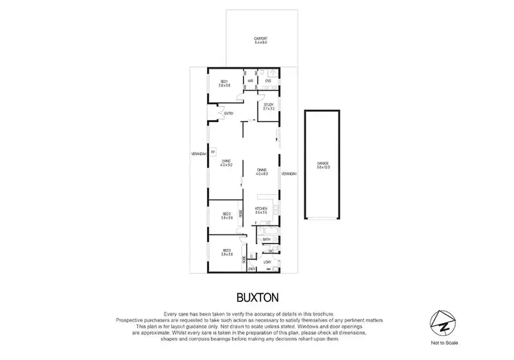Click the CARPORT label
(x=260, y=38)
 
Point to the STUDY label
(x=268, y=105)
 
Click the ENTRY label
(x=228, y=113)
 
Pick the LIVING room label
(x=227, y=161)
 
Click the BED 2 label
(x=227, y=215)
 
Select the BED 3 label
(x=227, y=252)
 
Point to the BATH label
(x=266, y=239)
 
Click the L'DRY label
(x=267, y=262)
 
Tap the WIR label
(x=251, y=81)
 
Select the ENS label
(x=268, y=81)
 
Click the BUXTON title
(x=257, y=297)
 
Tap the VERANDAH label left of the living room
(x=199, y=154)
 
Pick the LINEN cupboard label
(x=252, y=268)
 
